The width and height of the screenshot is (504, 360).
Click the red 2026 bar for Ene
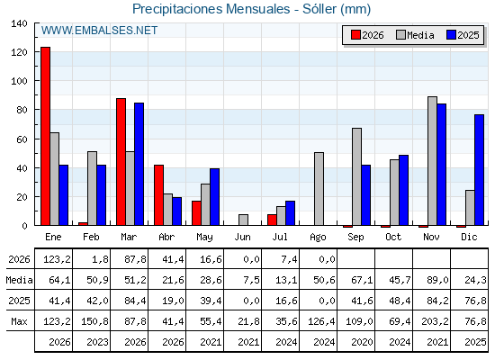(x=45, y=136)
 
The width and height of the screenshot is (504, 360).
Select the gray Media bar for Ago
(x=319, y=189)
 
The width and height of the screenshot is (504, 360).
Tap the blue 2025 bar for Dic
(x=479, y=170)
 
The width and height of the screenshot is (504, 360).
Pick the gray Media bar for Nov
(x=432, y=161)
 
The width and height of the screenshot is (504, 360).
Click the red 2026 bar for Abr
(x=158, y=195)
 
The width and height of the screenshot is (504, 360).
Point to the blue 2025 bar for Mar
(x=139, y=164)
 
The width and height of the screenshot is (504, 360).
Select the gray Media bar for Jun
(x=243, y=220)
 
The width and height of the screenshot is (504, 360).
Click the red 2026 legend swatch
(x=355, y=35)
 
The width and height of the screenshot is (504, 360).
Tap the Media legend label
(x=420, y=35)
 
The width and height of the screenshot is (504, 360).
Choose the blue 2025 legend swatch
(x=451, y=35)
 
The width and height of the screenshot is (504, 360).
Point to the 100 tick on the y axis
(x=19, y=81)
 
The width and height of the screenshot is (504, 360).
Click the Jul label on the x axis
(x=280, y=237)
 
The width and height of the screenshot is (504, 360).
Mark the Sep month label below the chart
(x=355, y=237)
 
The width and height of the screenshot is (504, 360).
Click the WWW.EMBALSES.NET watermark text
(x=99, y=31)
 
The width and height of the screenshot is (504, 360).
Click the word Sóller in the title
(x=319, y=9)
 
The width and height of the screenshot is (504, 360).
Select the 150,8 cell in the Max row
(x=94, y=321)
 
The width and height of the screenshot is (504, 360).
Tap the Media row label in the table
(x=19, y=280)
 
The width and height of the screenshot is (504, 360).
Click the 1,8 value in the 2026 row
(x=100, y=259)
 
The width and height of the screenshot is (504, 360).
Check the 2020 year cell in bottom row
(x=362, y=342)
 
